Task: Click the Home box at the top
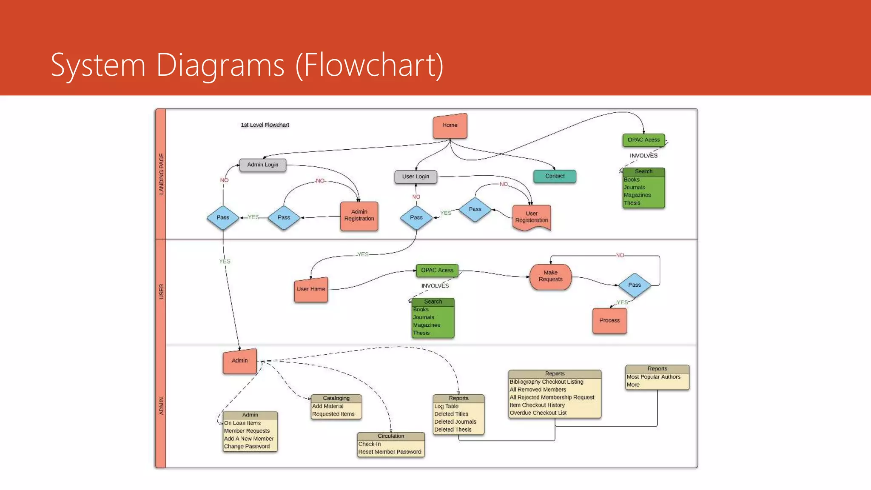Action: (x=450, y=125)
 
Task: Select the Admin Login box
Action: (x=262, y=165)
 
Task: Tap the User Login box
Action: (x=416, y=177)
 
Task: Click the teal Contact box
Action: (x=555, y=176)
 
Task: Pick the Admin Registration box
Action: (x=359, y=216)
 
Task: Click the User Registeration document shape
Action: (x=532, y=217)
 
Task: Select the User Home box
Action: (x=311, y=289)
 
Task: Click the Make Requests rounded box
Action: (x=550, y=276)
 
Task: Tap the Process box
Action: (x=609, y=320)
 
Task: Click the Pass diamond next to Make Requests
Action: (x=634, y=285)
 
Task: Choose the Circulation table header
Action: (x=391, y=436)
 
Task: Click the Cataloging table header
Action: (x=336, y=398)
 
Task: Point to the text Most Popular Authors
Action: (x=653, y=377)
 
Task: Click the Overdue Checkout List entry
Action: (x=538, y=413)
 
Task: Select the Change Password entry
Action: (x=247, y=447)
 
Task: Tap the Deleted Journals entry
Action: (x=455, y=422)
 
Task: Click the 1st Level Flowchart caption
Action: (x=265, y=125)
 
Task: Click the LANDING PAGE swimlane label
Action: (x=161, y=174)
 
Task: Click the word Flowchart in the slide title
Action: (x=369, y=65)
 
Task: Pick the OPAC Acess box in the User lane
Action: (x=437, y=271)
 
